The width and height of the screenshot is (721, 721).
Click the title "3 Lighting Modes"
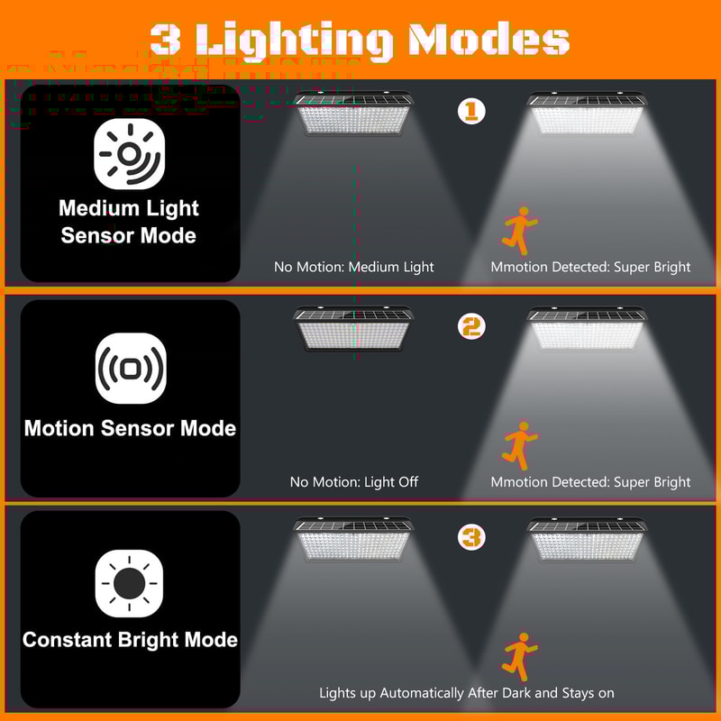[360, 39]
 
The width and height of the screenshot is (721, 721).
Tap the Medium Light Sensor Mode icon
[130, 154]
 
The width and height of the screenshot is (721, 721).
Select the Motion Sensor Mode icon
[130, 368]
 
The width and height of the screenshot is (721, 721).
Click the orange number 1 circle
[471, 111]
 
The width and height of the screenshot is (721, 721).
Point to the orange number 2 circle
[471, 325]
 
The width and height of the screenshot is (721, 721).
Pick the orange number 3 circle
[471, 538]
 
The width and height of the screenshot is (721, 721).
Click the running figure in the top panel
[518, 230]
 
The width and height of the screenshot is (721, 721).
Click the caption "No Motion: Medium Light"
[354, 267]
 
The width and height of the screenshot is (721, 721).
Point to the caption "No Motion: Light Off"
[354, 482]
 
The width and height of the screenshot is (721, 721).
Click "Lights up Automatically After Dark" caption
[467, 693]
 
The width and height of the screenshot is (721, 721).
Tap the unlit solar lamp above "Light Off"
[354, 328]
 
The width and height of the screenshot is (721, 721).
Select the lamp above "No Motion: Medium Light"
[354, 114]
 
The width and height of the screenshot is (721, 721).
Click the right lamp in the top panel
[587, 114]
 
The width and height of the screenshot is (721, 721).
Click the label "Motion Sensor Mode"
[130, 428]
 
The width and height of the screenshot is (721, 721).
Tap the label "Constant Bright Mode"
[130, 640]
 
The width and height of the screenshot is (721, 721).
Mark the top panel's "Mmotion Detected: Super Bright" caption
[590, 267]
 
